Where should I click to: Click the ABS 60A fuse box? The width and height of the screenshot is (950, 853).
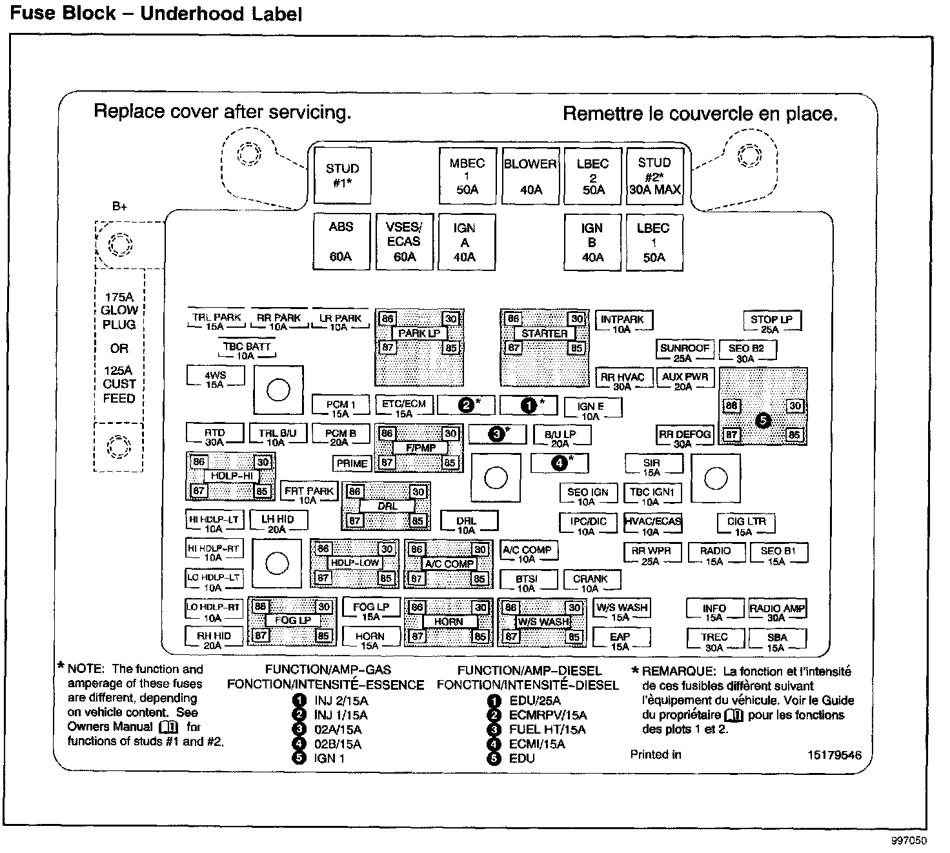pos(341,241)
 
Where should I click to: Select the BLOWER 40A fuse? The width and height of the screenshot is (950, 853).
pos(531,176)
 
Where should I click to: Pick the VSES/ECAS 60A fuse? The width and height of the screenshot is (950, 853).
pos(403,241)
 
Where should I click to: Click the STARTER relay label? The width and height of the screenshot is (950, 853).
pos(544,334)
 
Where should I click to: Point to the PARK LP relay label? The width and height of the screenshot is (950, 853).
pos(419,334)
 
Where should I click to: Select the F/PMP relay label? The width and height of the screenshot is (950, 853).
pos(420,447)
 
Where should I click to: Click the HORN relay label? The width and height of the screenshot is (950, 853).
pos(449,621)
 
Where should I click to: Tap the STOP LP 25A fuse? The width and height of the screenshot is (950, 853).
pos(771,323)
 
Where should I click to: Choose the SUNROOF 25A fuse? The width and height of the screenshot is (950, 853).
pos(684,352)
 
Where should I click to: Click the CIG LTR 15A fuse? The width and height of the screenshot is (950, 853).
pos(745,525)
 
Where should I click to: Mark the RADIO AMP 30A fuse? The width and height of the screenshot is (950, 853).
pos(777,612)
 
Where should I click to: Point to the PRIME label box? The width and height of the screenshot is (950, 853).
pos(352,463)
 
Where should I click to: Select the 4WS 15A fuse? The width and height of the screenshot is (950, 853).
pos(215,378)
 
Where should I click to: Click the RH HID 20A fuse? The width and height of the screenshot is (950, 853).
pos(214,639)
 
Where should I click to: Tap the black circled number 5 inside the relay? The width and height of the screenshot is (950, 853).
pos(762,421)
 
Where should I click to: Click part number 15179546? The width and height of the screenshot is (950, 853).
pos(834,755)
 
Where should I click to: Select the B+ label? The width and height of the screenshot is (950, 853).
pos(119,206)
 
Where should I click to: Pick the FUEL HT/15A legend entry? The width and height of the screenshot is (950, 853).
pos(547,729)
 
